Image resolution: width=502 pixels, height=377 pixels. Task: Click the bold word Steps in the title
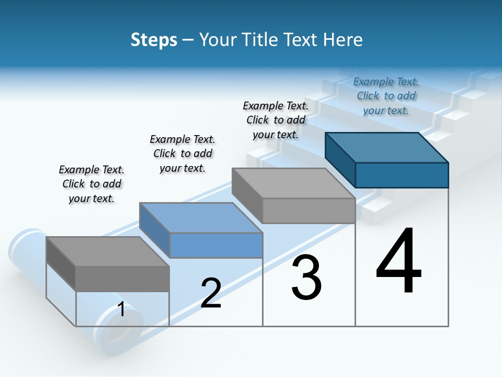pos(154,40)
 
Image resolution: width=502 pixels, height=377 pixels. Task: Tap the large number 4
pos(399,261)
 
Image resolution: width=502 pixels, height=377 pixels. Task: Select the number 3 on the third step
pos(306,278)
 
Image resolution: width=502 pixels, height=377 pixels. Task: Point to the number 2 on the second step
pos(211,293)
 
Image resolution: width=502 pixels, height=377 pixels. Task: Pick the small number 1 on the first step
pos(121,309)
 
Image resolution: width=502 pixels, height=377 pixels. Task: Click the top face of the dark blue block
pos(387,147)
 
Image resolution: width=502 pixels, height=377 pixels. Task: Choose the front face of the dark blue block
pos(402,175)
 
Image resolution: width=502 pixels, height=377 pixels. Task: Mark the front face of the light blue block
pos(216,245)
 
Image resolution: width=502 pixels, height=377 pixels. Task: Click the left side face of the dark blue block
pos(340,159)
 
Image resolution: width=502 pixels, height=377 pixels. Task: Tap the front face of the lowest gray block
pos(122,279)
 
